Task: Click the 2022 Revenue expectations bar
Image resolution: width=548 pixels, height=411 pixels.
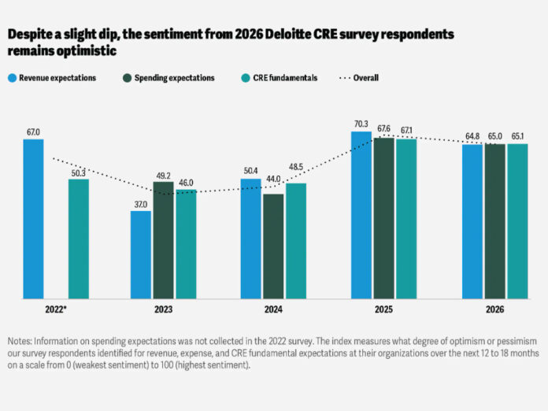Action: coord(33,219)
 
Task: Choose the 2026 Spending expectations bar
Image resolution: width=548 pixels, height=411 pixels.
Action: coord(495,221)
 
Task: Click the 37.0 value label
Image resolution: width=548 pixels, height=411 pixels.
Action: coord(141,204)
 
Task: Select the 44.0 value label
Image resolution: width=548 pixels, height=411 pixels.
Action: coord(273,187)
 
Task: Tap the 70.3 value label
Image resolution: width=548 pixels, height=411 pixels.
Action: coord(361,124)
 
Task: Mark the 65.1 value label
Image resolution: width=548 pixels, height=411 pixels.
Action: coord(518,137)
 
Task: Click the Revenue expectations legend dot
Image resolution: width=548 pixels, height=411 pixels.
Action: coord(13,78)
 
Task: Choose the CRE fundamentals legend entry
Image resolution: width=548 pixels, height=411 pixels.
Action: coord(282,78)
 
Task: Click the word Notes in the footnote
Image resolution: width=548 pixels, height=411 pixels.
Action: coord(21,342)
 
